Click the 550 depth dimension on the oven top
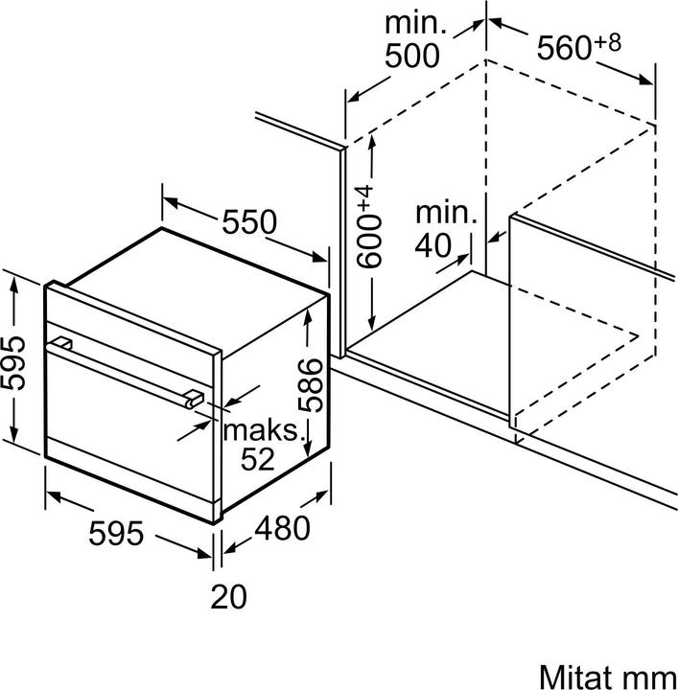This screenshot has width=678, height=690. (249, 222)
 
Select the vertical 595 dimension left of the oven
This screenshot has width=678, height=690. (13, 361)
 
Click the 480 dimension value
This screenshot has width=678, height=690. (282, 528)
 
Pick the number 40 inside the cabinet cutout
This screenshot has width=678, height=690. (433, 245)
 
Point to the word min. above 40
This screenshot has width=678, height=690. (445, 214)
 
